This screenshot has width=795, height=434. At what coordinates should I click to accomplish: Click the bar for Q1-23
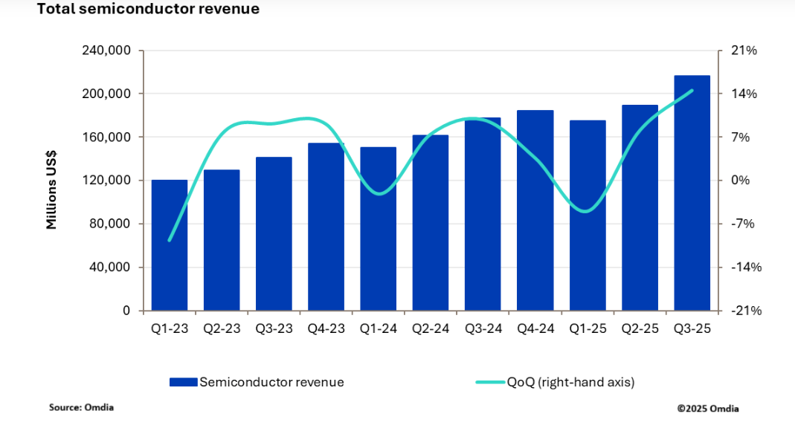[170, 245]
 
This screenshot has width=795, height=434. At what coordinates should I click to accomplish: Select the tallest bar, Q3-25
[692, 193]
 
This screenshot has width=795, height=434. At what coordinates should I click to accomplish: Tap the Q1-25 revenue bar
[588, 216]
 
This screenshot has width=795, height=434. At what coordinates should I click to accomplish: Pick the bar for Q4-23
[326, 227]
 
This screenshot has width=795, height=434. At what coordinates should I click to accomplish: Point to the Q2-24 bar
[431, 223]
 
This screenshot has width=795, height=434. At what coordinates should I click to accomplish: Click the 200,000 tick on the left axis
[106, 94]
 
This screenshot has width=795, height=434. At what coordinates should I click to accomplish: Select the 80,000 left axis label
[109, 224]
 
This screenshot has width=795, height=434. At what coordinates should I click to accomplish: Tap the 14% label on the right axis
[744, 94]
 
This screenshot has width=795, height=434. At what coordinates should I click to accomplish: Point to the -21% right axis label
[747, 311]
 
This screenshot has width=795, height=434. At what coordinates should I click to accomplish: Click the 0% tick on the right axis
[740, 181]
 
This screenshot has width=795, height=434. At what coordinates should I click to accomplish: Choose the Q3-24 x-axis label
[483, 328]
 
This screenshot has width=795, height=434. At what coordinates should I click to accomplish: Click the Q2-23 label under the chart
[222, 328]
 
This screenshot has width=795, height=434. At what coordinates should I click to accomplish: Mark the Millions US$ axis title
[51, 190]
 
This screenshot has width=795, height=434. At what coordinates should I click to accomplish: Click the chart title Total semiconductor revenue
[148, 9]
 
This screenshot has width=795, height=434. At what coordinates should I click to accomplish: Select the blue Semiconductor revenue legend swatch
[184, 382]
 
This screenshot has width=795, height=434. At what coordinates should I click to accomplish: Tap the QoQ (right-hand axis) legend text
[571, 382]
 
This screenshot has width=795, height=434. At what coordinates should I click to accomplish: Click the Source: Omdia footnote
[81, 407]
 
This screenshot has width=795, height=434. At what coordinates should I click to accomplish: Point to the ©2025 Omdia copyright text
[708, 409]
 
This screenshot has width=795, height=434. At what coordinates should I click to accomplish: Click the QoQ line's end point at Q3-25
[692, 91]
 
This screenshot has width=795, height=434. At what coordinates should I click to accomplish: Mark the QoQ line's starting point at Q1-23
[170, 241]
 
